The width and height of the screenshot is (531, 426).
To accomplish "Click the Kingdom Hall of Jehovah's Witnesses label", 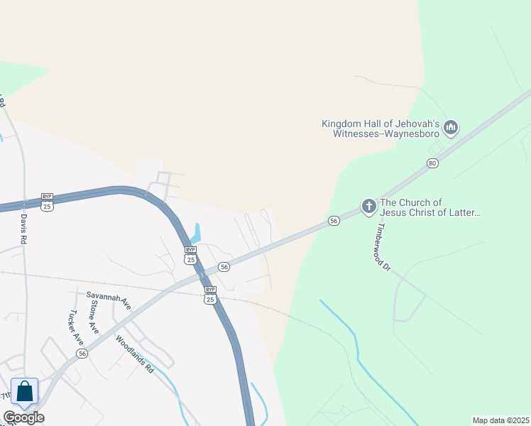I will [x=381, y=129].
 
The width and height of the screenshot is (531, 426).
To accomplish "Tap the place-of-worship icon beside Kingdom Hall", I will [x=450, y=129].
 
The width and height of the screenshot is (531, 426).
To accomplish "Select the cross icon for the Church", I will [x=368, y=207].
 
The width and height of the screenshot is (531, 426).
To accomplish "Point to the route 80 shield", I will [x=433, y=163].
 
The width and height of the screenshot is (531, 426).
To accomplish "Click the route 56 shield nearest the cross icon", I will [x=334, y=222].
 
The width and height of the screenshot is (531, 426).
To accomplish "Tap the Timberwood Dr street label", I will [x=384, y=247].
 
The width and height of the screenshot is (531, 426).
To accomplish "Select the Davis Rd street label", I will [x=23, y=229].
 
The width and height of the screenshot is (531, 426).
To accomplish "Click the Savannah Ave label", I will [x=109, y=299].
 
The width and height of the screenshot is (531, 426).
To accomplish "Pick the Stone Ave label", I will [x=94, y=317].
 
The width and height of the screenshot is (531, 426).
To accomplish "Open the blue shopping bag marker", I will [x=25, y=392].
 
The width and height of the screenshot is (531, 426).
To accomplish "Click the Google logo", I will [x=23, y=417].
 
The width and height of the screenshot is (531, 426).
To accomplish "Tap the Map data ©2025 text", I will [x=500, y=420].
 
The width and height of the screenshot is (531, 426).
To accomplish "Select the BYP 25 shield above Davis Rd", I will [x=48, y=202].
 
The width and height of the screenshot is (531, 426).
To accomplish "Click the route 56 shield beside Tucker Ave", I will [x=82, y=354].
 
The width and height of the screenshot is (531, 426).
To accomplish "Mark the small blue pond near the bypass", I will [x=197, y=232].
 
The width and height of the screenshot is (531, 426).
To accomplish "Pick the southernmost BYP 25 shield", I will [x=210, y=295].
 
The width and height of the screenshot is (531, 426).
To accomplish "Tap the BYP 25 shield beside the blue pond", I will [x=190, y=255].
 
